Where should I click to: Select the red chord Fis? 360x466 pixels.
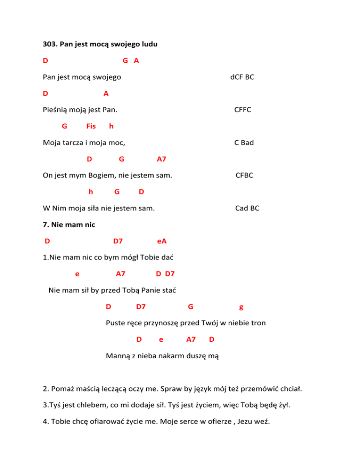click(91, 126)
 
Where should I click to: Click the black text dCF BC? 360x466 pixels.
click(242, 77)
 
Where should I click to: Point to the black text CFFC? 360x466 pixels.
click(243, 110)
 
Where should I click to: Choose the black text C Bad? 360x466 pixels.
click(244, 143)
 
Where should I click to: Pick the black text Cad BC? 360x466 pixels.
click(247, 208)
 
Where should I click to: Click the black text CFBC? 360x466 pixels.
click(244, 175)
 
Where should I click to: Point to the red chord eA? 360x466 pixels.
click(162, 241)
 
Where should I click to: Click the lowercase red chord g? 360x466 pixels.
click(241, 307)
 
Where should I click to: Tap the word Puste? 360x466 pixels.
click(116, 323)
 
